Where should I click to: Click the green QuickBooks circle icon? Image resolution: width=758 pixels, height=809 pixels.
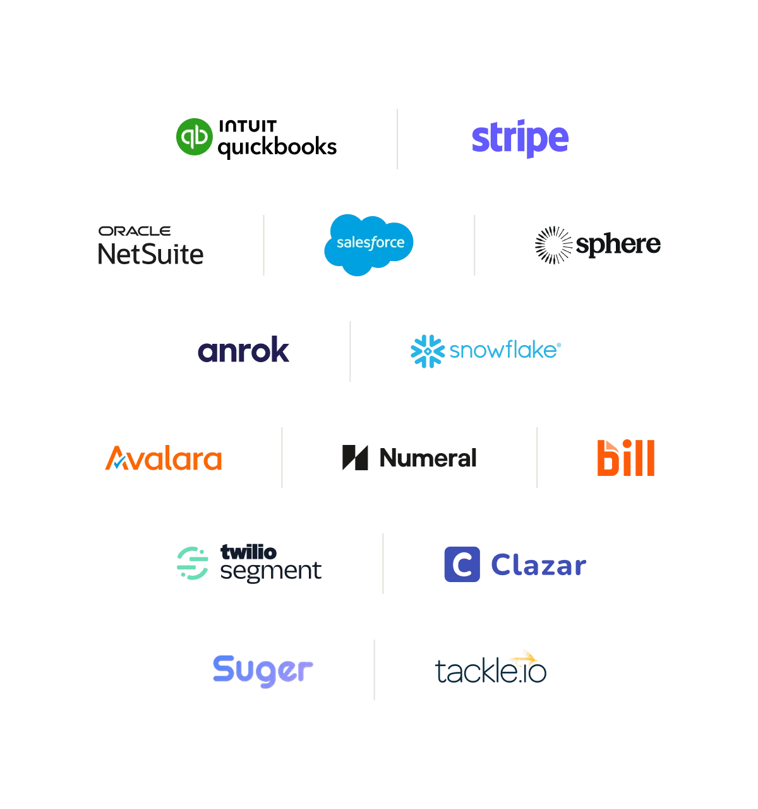tap(194, 137)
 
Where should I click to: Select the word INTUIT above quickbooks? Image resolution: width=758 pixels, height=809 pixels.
tap(248, 126)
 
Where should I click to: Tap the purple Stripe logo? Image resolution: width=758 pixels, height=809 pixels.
tap(520, 138)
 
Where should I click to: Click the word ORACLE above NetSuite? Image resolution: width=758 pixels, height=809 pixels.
tap(135, 231)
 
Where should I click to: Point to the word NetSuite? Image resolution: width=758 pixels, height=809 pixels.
tap(151, 255)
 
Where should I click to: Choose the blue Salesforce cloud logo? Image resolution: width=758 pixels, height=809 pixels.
tap(369, 244)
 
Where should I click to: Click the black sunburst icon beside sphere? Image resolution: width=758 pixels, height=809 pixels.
tap(553, 245)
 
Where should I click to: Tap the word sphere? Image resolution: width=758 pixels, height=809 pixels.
tap(618, 245)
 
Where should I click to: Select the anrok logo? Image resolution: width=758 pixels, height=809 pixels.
tap(243, 350)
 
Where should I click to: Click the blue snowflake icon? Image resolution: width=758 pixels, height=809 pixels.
tap(428, 351)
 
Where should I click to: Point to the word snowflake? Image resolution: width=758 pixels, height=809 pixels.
tap(503, 350)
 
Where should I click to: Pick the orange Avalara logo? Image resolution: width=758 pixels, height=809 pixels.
tap(164, 458)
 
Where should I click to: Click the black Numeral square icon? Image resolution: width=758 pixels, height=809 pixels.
tap(355, 458)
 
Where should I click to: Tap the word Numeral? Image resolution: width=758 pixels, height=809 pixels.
tap(428, 458)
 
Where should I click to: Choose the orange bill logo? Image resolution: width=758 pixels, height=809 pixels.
tap(625, 458)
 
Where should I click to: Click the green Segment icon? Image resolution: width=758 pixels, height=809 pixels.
tap(193, 563)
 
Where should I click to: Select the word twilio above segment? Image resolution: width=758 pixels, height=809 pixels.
tap(248, 552)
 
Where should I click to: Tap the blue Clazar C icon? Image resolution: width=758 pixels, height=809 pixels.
tap(462, 564)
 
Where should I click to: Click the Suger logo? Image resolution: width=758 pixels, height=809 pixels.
tap(263, 671)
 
